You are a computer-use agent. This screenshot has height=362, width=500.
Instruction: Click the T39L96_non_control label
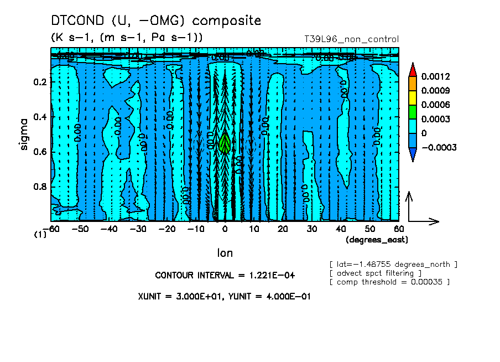(x=351, y=39)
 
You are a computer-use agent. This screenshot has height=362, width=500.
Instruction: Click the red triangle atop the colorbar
(x=413, y=69)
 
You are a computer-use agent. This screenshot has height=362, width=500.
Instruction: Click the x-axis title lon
(x=225, y=253)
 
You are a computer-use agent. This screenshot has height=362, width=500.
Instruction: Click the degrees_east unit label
(x=377, y=240)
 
